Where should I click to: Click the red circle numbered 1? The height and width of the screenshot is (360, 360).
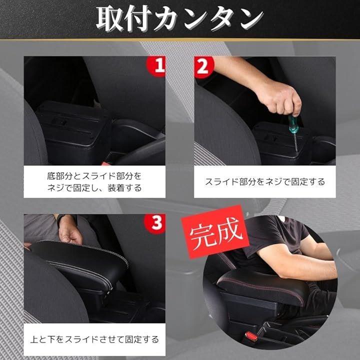[x=156, y=66]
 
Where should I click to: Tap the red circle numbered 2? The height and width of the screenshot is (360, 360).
[x=203, y=67]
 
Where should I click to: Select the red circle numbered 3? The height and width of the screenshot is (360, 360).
[x=155, y=223]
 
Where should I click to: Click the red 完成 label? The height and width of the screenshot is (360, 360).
[x=215, y=232]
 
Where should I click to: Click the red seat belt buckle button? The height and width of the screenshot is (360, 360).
[x=250, y=336]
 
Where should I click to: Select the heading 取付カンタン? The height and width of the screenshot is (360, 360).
[x=179, y=18]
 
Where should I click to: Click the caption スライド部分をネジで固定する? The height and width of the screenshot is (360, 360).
[x=264, y=182]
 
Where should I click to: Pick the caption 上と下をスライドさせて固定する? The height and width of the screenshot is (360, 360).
[x=94, y=339]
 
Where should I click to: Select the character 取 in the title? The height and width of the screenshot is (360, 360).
[x=109, y=18]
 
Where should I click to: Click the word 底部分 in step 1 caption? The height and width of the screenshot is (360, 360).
[x=60, y=176]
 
